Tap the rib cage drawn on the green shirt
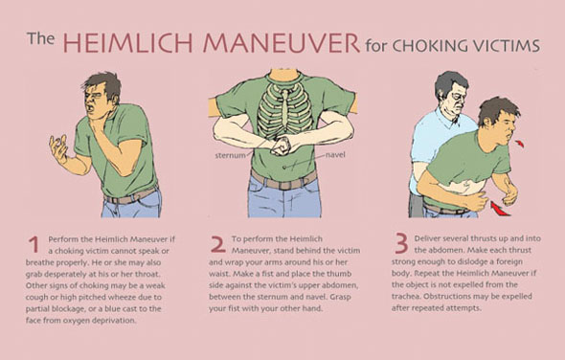[284, 110]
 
